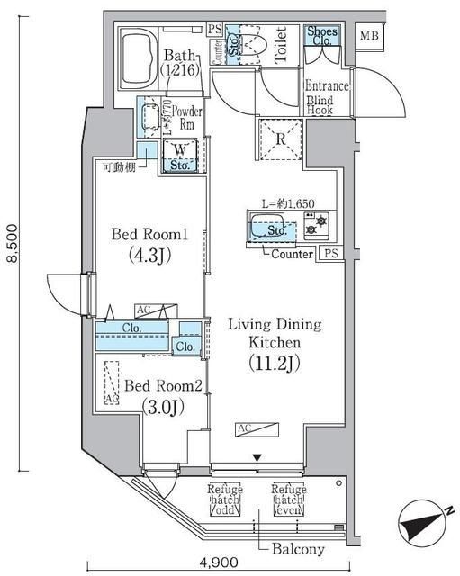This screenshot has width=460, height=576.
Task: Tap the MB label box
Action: coord(369,36)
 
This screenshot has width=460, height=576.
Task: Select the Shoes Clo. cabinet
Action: coord(321,37)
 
